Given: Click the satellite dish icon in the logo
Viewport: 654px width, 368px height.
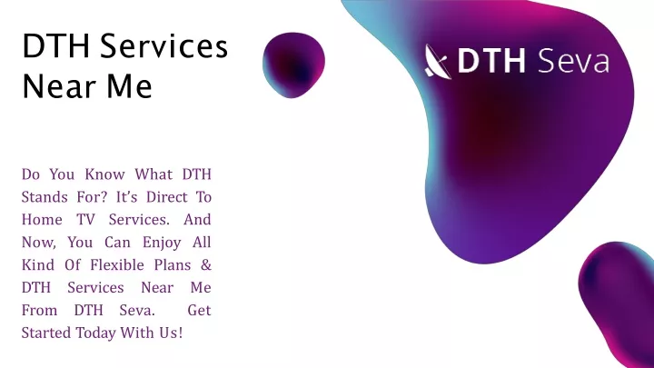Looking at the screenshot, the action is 438,62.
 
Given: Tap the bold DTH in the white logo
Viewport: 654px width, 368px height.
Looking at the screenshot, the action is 491,61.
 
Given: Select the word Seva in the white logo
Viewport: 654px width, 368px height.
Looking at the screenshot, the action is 573,61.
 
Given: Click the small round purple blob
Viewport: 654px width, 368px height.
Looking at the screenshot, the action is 293,65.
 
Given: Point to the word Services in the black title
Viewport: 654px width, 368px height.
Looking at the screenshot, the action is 163,46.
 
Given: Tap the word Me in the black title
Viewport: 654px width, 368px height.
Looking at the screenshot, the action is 129,86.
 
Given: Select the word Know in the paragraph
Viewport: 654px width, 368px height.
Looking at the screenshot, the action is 104,174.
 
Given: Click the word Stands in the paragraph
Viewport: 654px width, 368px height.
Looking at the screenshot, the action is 45,197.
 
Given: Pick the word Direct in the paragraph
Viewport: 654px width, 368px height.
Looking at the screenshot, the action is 167,197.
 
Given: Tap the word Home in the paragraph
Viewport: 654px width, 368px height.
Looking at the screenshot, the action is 42,220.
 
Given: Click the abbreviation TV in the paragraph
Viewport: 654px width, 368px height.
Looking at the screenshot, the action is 85,220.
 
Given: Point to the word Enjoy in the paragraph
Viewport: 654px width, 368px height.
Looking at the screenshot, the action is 162,243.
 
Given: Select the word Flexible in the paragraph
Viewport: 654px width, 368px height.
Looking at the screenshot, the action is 117,265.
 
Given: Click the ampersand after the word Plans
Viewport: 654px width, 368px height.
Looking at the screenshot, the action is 206,265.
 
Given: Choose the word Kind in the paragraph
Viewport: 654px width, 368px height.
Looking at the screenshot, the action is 38,265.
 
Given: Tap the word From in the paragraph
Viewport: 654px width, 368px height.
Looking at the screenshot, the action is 39,311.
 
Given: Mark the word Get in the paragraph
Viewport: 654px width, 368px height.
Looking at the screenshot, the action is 199,311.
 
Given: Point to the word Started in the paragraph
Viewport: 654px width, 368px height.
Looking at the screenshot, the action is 46,333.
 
